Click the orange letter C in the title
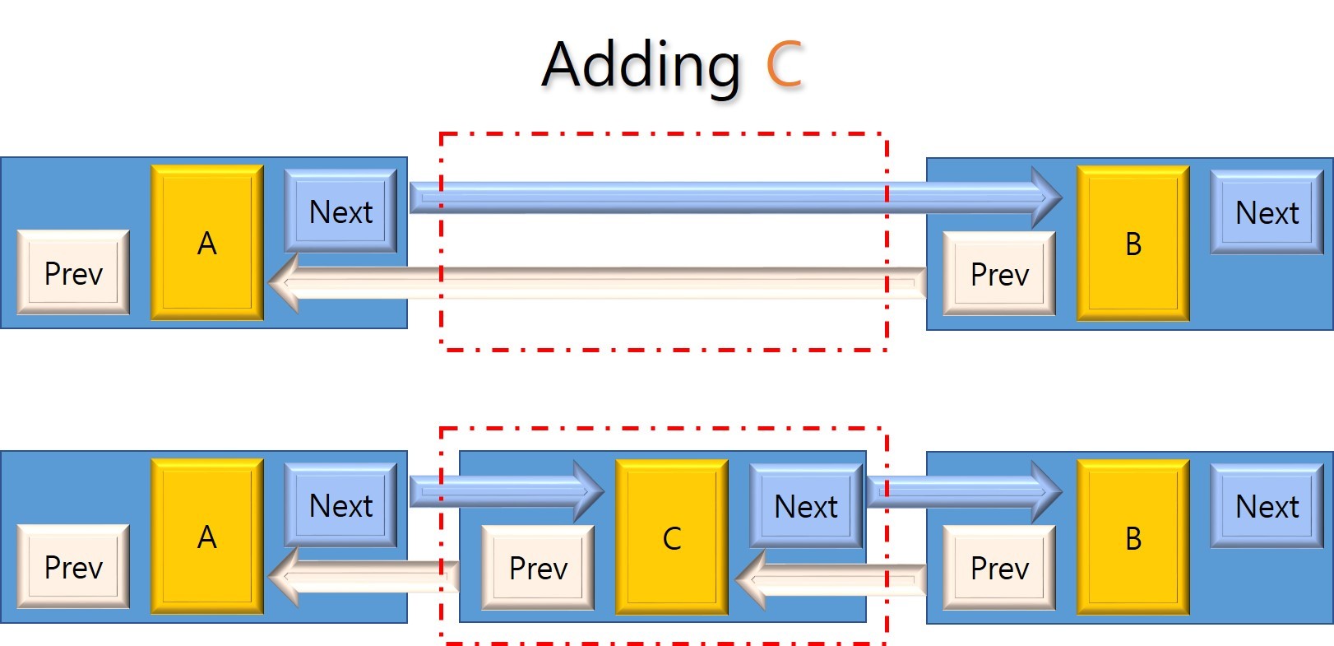click(x=783, y=64)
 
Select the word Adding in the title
click(x=642, y=66)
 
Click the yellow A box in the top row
click(x=207, y=243)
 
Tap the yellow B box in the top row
click(x=1133, y=244)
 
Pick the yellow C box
click(x=671, y=537)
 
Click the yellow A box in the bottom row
click(x=207, y=537)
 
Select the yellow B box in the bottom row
click(x=1133, y=537)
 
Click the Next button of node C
click(x=806, y=506)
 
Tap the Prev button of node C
click(x=538, y=568)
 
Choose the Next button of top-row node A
click(x=340, y=211)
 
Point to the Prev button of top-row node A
click(x=73, y=273)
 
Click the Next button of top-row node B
click(x=1267, y=212)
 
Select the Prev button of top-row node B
click(x=999, y=274)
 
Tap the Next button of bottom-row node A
click(x=340, y=505)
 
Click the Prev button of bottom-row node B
click(x=999, y=568)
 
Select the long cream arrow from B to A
click(x=600, y=282)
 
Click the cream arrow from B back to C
click(x=831, y=580)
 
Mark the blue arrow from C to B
click(x=962, y=491)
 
